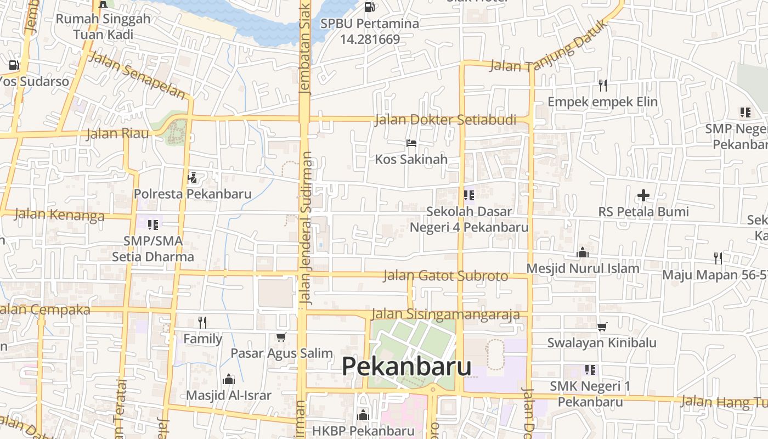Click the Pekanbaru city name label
[406, 366]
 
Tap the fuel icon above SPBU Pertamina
[370, 7]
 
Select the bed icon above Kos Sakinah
[411, 143]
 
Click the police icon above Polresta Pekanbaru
[192, 177]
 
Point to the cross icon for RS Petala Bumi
[643, 195]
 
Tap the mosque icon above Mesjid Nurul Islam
[583, 252]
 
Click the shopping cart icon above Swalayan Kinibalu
[602, 327]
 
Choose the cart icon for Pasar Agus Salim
[281, 337]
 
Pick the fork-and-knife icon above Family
[202, 322]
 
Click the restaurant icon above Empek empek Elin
[603, 85]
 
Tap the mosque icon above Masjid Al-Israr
[228, 379]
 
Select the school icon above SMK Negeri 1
[590, 370]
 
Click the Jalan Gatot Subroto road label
[445, 275]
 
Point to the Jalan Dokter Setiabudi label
[445, 120]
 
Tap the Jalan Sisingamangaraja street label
[445, 314]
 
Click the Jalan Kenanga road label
[59, 214]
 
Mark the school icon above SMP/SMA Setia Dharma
[153, 224]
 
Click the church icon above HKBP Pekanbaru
[363, 415]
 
